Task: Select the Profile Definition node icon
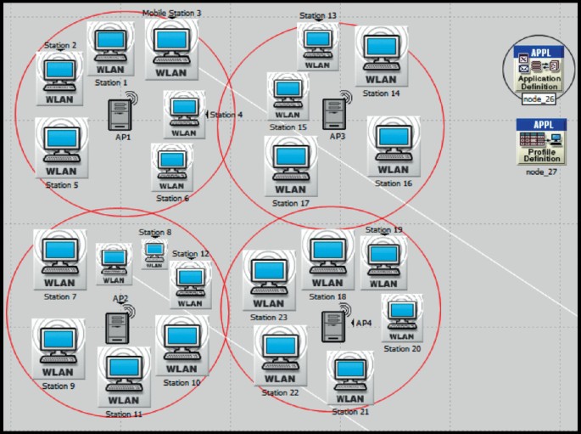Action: (x=541, y=142)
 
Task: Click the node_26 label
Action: (x=539, y=99)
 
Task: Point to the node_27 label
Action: (x=541, y=171)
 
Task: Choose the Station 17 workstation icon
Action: (x=291, y=166)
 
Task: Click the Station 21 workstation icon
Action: (x=350, y=379)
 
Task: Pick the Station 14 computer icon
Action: (x=382, y=56)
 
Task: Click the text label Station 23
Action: (x=270, y=318)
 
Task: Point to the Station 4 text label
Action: (x=226, y=115)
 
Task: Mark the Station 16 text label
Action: (x=393, y=183)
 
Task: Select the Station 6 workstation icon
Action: (x=171, y=167)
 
